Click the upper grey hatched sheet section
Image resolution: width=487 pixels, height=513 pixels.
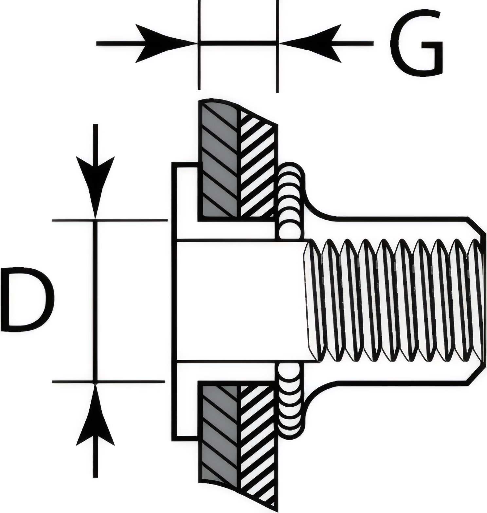tap(219, 160)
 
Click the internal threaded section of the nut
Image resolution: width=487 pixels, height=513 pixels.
tap(393, 301)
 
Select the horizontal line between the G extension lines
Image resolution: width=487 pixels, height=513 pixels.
tap(238, 42)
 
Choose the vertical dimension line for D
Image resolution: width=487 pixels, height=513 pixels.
tap(96, 301)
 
